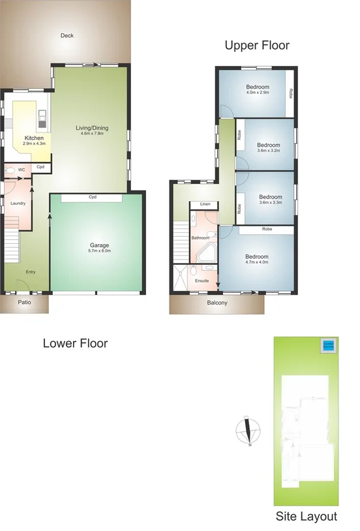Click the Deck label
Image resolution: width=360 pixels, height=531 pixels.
click(x=67, y=36)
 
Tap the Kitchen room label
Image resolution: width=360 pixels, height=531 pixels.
click(x=34, y=138)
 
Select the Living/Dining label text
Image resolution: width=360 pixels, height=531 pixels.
click(x=93, y=127)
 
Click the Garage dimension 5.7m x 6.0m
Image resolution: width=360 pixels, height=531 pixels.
click(x=100, y=250)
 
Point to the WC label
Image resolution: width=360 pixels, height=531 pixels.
click(x=22, y=170)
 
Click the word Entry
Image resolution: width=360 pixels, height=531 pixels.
click(x=31, y=271)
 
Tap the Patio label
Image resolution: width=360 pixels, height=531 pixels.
click(x=24, y=303)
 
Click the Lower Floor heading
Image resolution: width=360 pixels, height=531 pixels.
click(x=75, y=343)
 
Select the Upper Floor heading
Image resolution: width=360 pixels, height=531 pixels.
click(x=257, y=45)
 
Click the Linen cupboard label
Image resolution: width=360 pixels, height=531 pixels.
click(x=205, y=204)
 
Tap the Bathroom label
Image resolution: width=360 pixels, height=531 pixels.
click(x=200, y=238)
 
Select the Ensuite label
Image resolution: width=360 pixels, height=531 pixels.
click(x=202, y=281)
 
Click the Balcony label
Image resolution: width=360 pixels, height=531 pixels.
click(x=217, y=303)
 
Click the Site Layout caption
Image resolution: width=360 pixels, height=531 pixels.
click(x=306, y=517)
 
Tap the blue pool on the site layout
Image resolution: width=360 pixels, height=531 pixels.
click(x=328, y=345)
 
